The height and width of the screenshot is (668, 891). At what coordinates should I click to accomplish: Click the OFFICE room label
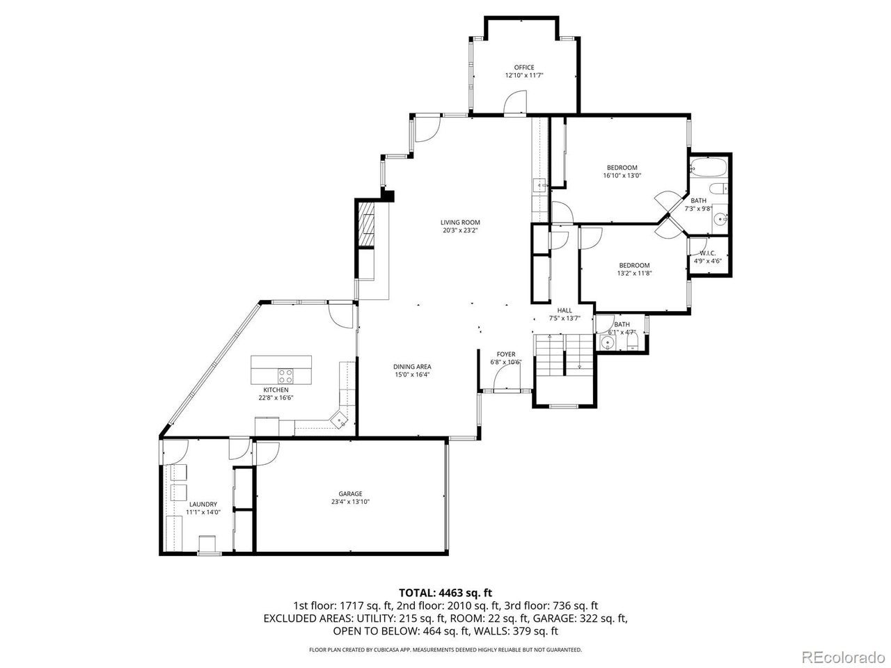point(523,67)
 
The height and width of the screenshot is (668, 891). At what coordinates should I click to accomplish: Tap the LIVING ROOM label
point(460,222)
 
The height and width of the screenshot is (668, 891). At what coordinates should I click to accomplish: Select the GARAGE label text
point(350,493)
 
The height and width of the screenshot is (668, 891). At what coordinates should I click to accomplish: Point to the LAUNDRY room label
point(203,504)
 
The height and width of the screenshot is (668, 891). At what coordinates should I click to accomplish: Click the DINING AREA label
point(412,367)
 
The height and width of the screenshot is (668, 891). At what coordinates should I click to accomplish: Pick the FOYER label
point(506,354)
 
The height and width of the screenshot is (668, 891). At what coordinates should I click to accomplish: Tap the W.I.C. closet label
point(707,253)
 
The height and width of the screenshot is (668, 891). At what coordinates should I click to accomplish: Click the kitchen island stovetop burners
point(285,376)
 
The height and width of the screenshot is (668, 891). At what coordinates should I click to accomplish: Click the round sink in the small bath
point(607,342)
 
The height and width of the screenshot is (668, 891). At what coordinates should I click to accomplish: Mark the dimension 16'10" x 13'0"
point(622,175)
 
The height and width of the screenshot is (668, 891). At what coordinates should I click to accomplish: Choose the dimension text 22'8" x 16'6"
point(276,398)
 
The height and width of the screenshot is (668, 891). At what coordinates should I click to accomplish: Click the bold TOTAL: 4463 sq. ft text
point(445,593)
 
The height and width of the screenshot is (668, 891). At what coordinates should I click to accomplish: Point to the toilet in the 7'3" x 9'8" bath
point(718,189)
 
